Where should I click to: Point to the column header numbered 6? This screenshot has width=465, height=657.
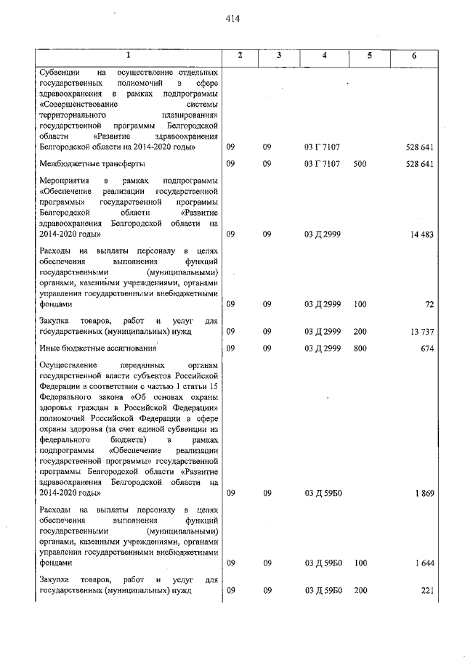coord(414,56)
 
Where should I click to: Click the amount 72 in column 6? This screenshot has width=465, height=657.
coord(428,305)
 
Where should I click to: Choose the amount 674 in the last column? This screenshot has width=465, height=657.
coord(426,348)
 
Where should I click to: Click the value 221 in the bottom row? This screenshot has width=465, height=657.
coord(427,590)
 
